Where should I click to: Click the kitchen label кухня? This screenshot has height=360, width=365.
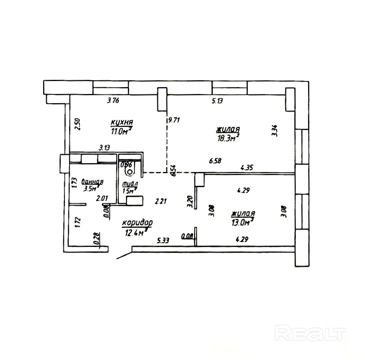click(121, 122)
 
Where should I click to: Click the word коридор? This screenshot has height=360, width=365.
click(137, 223)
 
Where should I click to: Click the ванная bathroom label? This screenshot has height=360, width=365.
click(93, 182)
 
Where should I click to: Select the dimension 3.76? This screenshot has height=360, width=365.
click(114, 101)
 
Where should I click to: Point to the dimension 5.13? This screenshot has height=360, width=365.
click(217, 101)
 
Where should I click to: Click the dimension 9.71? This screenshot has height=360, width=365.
click(174, 119)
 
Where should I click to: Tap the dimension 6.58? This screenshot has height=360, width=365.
click(215, 161)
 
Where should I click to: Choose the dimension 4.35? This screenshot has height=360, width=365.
click(246, 167)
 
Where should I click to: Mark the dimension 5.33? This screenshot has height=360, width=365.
click(164, 240)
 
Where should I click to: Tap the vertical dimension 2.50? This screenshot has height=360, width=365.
click(78, 125)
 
